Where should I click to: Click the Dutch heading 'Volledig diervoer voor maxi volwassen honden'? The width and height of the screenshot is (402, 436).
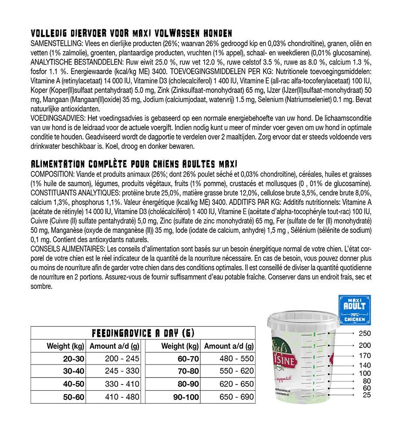pos(131,34)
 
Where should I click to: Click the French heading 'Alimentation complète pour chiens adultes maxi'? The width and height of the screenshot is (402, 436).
pos(134,164)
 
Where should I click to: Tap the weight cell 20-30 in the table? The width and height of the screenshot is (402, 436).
pos(73,359)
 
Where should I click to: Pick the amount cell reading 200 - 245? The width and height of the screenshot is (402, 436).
pos(122,359)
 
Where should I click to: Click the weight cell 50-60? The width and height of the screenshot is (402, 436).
pos(73,397)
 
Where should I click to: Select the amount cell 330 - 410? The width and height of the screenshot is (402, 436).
pos(122,384)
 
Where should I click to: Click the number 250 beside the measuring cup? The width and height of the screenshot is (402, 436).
pos(364,334)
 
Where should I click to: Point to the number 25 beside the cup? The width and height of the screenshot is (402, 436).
pos(366,395)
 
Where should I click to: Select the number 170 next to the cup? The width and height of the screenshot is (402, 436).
pos(364,356)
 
